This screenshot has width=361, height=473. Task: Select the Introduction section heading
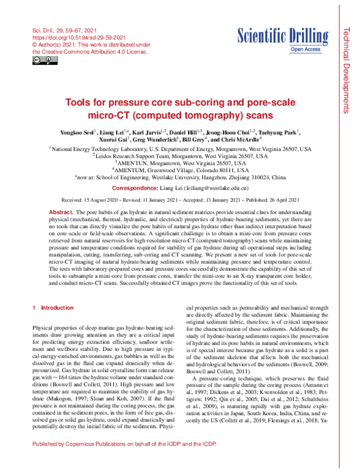point(57,308)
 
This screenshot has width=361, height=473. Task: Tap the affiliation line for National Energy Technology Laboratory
point(180,149)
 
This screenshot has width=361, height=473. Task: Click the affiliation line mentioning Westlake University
point(180,178)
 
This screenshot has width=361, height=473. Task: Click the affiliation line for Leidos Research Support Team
point(180,156)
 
